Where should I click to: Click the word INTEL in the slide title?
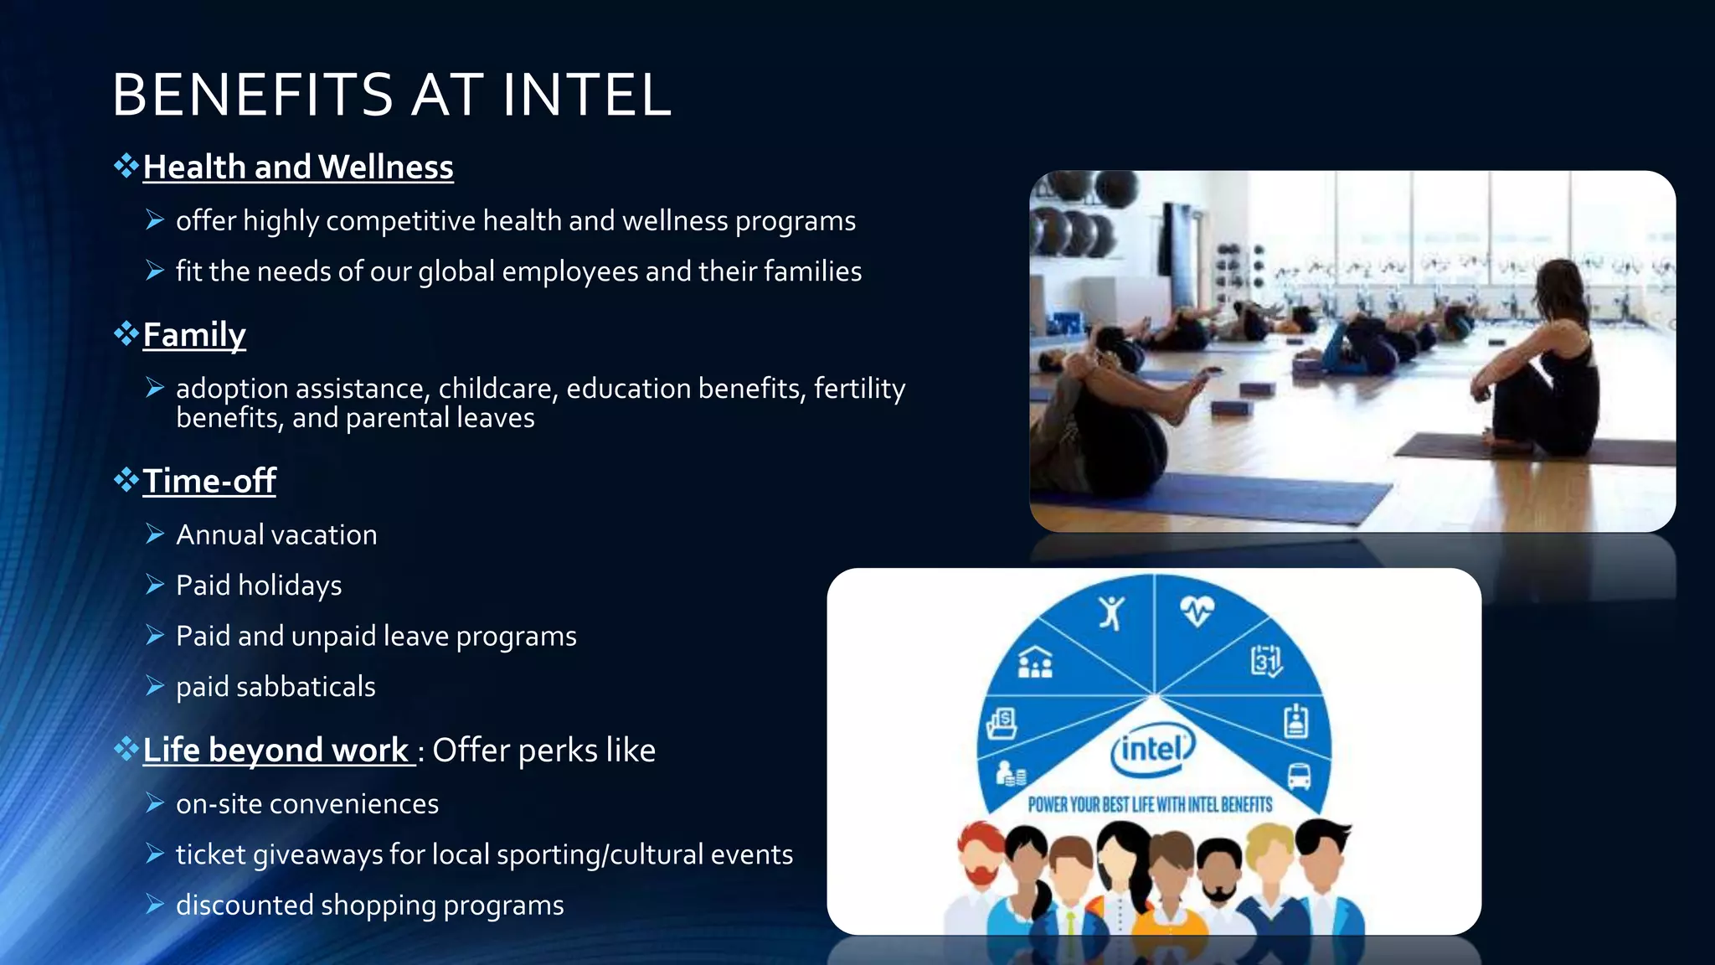(x=586, y=94)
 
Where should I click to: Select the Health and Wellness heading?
(x=298, y=168)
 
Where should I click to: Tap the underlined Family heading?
(x=194, y=335)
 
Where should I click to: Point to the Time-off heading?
(x=209, y=482)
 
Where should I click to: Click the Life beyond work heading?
(x=276, y=751)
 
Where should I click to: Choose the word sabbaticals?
(x=306, y=687)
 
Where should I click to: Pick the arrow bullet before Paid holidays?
(x=155, y=585)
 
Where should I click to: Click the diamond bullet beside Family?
(x=126, y=333)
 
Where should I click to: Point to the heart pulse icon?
(x=1197, y=611)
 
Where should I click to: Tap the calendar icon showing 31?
(x=1266, y=661)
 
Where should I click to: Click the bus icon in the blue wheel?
(x=1299, y=777)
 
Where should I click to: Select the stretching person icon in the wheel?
(x=1111, y=612)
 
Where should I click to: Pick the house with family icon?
(x=1035, y=663)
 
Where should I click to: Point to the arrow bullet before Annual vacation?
(x=155, y=534)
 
